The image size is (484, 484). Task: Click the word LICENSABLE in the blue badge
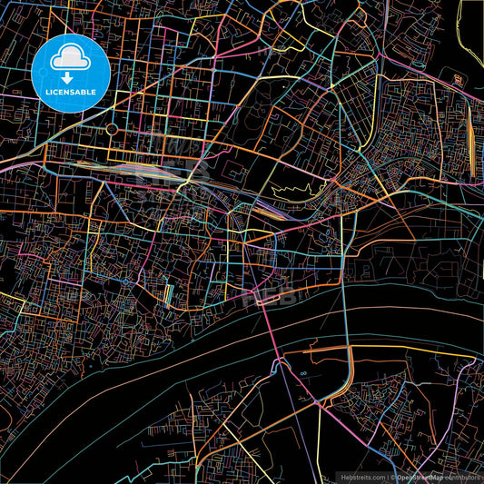[70, 93]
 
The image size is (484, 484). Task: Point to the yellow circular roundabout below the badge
[112, 130]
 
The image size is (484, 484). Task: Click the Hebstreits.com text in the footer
[362, 477]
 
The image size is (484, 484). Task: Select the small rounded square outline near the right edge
[459, 80]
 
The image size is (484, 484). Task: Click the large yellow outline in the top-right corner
[472, 23]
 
